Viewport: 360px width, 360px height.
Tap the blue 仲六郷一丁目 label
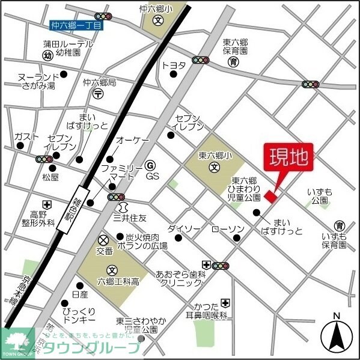tap(77, 25)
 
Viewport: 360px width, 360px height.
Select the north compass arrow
tap(337, 335)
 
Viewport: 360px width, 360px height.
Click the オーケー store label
tap(132, 140)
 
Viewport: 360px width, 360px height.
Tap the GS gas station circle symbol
tap(151, 164)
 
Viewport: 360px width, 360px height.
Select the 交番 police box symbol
tap(103, 239)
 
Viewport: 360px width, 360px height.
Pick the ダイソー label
tap(184, 229)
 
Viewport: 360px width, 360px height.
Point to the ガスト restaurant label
tap(26, 136)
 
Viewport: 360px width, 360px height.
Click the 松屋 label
tap(50, 177)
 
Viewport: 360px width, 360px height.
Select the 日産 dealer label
tap(79, 294)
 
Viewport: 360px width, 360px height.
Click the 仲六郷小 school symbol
tap(157, 20)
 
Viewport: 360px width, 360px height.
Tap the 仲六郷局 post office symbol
tap(99, 94)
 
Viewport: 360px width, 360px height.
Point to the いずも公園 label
tap(319, 196)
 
